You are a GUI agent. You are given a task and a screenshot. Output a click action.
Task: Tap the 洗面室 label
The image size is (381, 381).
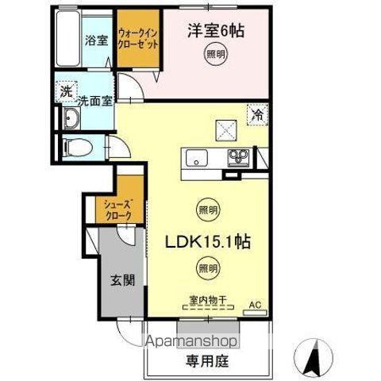coord(94,102)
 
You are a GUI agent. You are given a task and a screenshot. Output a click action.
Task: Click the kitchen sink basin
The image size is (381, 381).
coord(198,156)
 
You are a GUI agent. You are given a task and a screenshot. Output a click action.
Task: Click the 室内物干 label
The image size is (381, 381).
coord(207,300)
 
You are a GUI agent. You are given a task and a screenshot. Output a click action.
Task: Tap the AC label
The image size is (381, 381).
coord(255,304)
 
